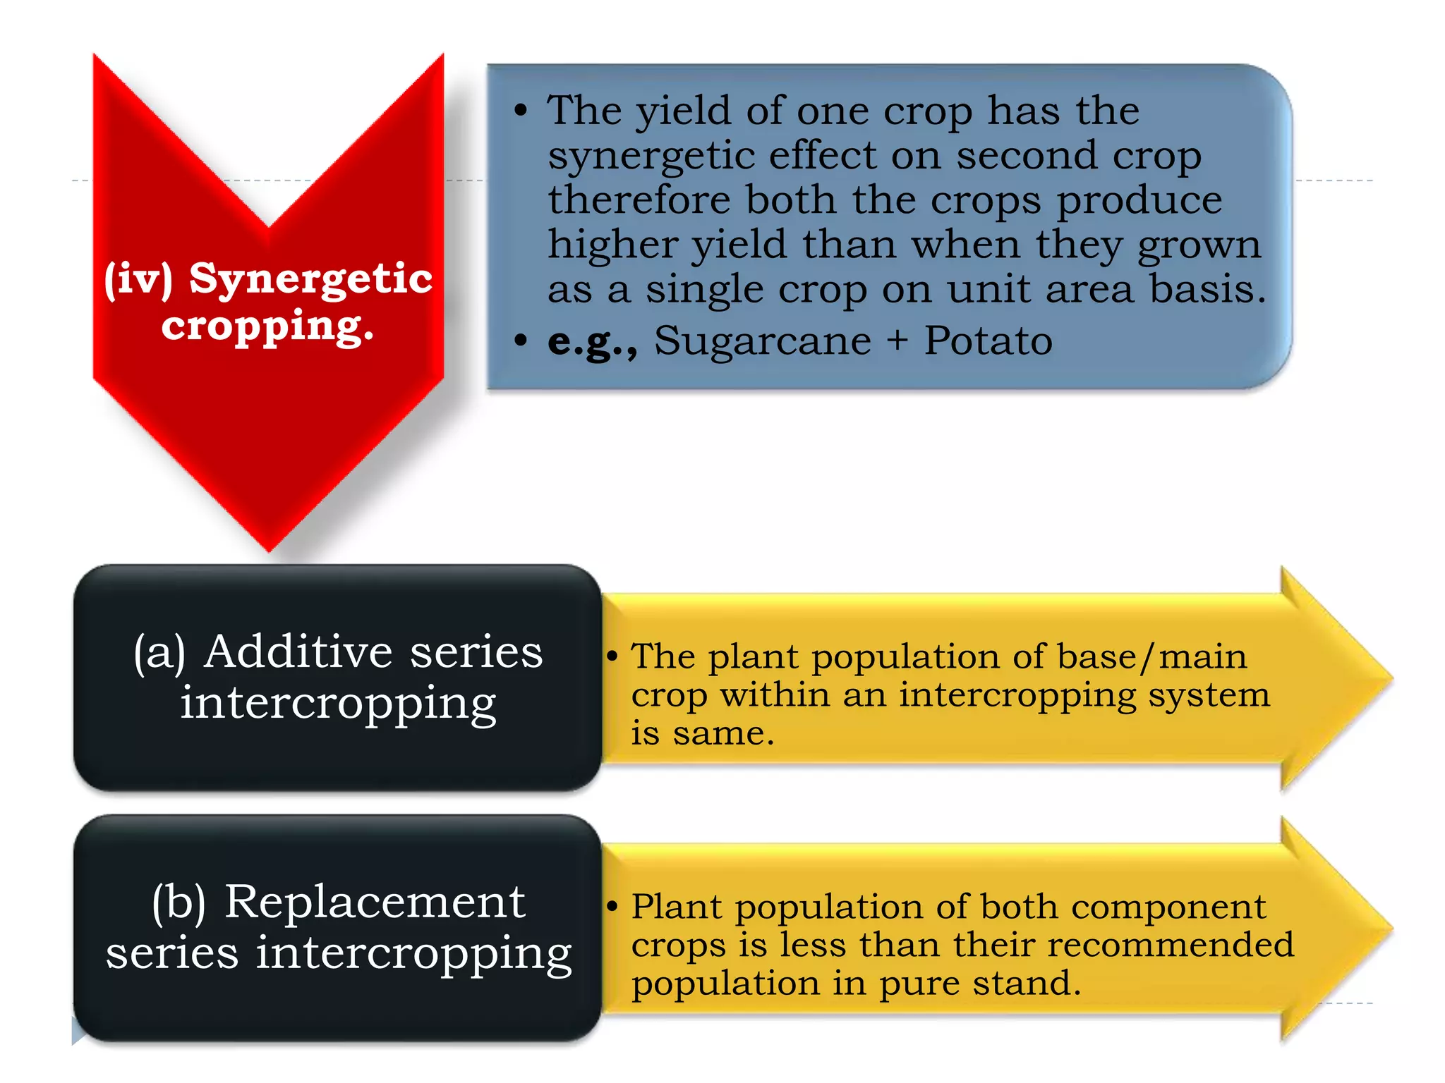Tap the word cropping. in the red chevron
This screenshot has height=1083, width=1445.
tap(267, 326)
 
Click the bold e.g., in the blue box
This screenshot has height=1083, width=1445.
tap(592, 341)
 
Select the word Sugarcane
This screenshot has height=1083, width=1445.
tap(762, 341)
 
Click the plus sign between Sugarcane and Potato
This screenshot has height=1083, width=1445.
tap(897, 342)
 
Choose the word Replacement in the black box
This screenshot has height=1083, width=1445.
tap(374, 902)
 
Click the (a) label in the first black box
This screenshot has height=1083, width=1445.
tap(159, 653)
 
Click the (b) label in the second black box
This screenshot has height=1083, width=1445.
tap(179, 903)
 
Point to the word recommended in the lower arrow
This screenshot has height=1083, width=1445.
tap(1171, 946)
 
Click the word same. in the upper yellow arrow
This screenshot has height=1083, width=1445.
tap(722, 734)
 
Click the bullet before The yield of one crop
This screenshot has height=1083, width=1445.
tap(521, 110)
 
